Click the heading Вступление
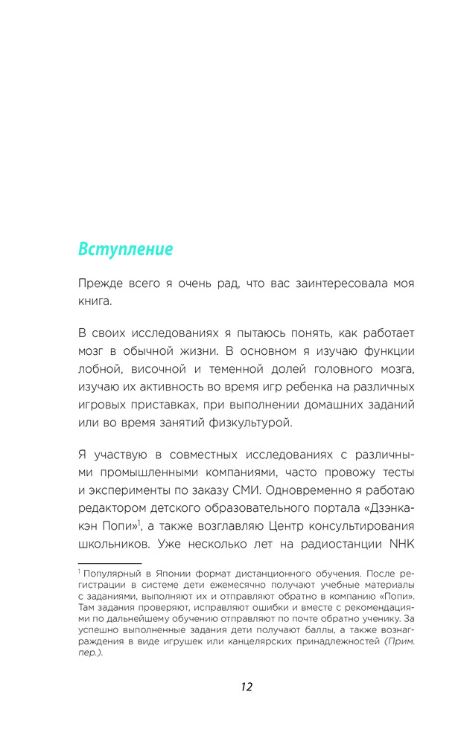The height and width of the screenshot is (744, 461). [125, 250]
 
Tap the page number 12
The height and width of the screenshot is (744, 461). [247, 687]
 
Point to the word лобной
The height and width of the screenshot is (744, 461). [100, 371]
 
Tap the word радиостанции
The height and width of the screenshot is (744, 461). [340, 543]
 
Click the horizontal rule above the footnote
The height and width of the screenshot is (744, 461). [109, 563]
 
